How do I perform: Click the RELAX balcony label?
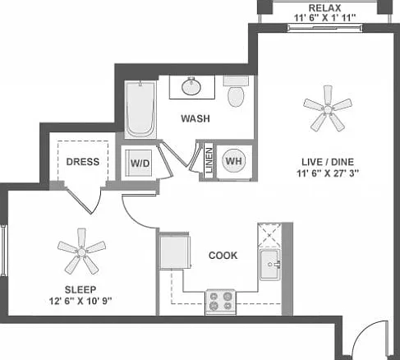point(324,8)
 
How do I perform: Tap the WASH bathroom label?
point(195,118)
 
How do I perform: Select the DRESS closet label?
point(83,162)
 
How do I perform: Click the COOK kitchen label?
point(223,256)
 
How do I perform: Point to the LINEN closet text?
point(209,160)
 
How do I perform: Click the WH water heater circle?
point(234,160)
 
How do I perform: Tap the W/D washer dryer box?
point(139,164)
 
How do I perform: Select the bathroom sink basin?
point(191,85)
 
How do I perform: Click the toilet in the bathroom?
point(236,91)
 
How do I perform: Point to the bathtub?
point(140,109)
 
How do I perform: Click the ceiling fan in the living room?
point(328,109)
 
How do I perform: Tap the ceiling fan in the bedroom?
point(81,252)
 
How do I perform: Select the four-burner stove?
point(220,302)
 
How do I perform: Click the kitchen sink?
point(270,265)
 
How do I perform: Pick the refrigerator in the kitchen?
point(174,251)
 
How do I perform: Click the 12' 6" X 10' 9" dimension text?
point(80,302)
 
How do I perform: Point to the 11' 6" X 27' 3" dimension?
point(328,173)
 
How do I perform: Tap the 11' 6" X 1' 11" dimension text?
point(324,18)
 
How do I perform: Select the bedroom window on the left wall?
point(3,251)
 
